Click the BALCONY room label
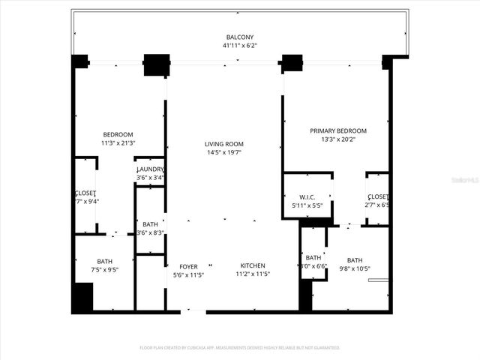[x=240, y=37]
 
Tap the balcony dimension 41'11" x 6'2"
[x=240, y=45]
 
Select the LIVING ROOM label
[x=224, y=144]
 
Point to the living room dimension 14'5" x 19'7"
[x=224, y=152]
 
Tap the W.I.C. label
[x=307, y=196]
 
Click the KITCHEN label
[x=253, y=266]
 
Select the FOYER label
[x=188, y=266]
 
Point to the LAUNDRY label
[x=151, y=169]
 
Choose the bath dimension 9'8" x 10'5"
[x=355, y=268]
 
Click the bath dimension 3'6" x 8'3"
[x=151, y=232]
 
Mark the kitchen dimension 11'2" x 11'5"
[x=253, y=274]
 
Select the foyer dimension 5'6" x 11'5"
[x=188, y=274]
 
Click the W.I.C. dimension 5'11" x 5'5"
[x=307, y=205]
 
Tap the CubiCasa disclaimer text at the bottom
[x=240, y=348]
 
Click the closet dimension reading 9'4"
[x=86, y=201]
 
